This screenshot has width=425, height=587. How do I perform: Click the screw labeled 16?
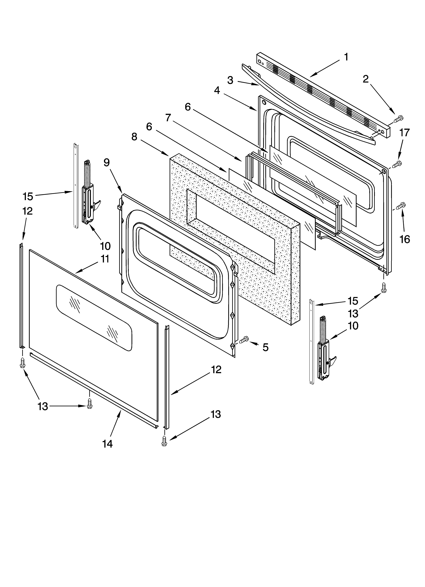(x=401, y=206)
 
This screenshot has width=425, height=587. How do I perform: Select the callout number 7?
(x=168, y=118)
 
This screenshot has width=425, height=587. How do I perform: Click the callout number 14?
(x=107, y=444)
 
